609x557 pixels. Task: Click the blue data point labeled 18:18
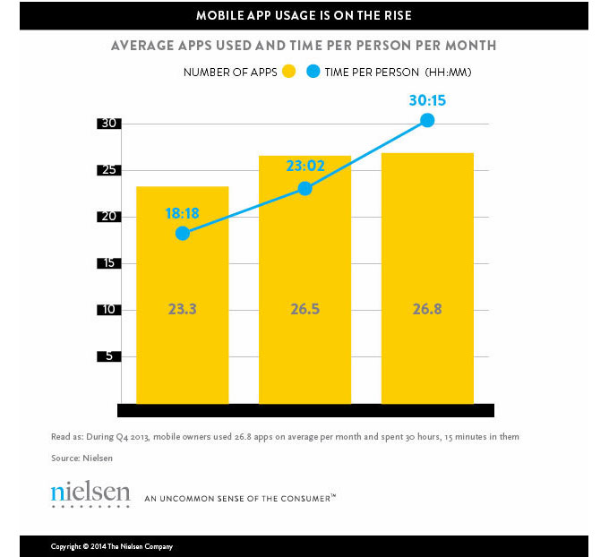pos(183,233)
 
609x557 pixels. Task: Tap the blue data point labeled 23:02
pos(305,188)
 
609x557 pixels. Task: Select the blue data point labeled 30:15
pos(427,120)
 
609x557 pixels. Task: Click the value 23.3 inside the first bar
pos(183,310)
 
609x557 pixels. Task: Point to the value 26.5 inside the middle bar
pos(305,310)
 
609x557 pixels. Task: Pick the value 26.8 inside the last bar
pos(427,310)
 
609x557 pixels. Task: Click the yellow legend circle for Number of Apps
pos(288,72)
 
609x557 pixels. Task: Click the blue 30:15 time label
pos(427,101)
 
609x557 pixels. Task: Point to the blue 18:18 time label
pos(183,214)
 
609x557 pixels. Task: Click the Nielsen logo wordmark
pos(90,493)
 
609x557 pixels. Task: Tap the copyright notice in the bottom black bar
pos(112,546)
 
